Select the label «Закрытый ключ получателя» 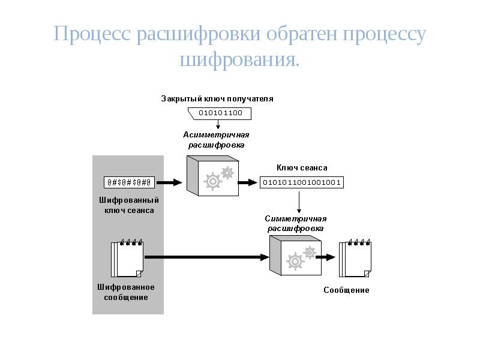coord(217,98)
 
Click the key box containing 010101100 coord(220,113)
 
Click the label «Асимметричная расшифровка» coord(216,140)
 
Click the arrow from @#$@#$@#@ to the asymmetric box coord(170,182)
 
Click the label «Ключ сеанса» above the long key coord(302,168)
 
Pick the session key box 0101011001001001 coord(302,182)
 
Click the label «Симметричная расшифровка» coord(296,223)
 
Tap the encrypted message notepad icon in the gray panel coord(127,259)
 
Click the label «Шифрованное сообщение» coord(126,292)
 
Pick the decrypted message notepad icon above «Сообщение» coord(356,259)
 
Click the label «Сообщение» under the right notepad coord(347,290)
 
